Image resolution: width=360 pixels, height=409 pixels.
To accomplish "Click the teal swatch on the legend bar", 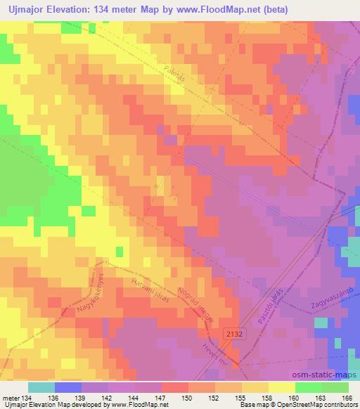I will coord(41,387).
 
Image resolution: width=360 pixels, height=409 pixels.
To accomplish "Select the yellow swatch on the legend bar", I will coord(283,387).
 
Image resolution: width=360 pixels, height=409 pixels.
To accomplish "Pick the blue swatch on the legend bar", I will coord(68,387).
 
